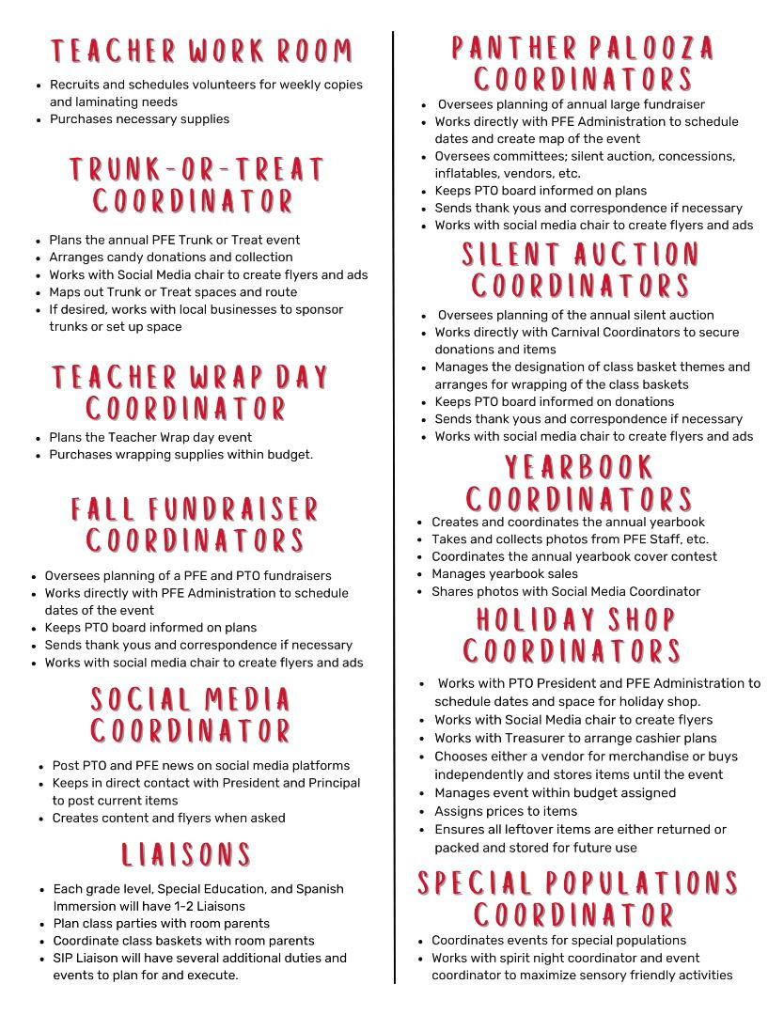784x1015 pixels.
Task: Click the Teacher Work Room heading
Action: point(202,50)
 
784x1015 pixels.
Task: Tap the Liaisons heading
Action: point(186,854)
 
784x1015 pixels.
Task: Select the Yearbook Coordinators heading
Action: point(579,483)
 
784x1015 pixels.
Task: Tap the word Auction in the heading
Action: point(637,254)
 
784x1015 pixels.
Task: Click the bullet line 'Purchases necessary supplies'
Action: point(139,119)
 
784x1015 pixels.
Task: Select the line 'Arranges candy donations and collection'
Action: point(171,258)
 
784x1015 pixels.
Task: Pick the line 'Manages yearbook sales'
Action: point(505,574)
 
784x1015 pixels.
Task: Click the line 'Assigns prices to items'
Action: point(506,811)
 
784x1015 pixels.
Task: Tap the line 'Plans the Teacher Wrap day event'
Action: point(150,437)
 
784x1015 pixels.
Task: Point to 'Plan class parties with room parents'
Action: point(161,924)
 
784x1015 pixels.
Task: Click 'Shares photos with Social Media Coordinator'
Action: point(566,592)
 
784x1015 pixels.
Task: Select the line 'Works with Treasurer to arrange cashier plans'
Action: point(575,739)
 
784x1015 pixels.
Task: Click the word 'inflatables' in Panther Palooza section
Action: point(467,174)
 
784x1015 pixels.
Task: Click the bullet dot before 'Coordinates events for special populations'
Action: point(420,941)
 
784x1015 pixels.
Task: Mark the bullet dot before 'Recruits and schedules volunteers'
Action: point(39,86)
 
